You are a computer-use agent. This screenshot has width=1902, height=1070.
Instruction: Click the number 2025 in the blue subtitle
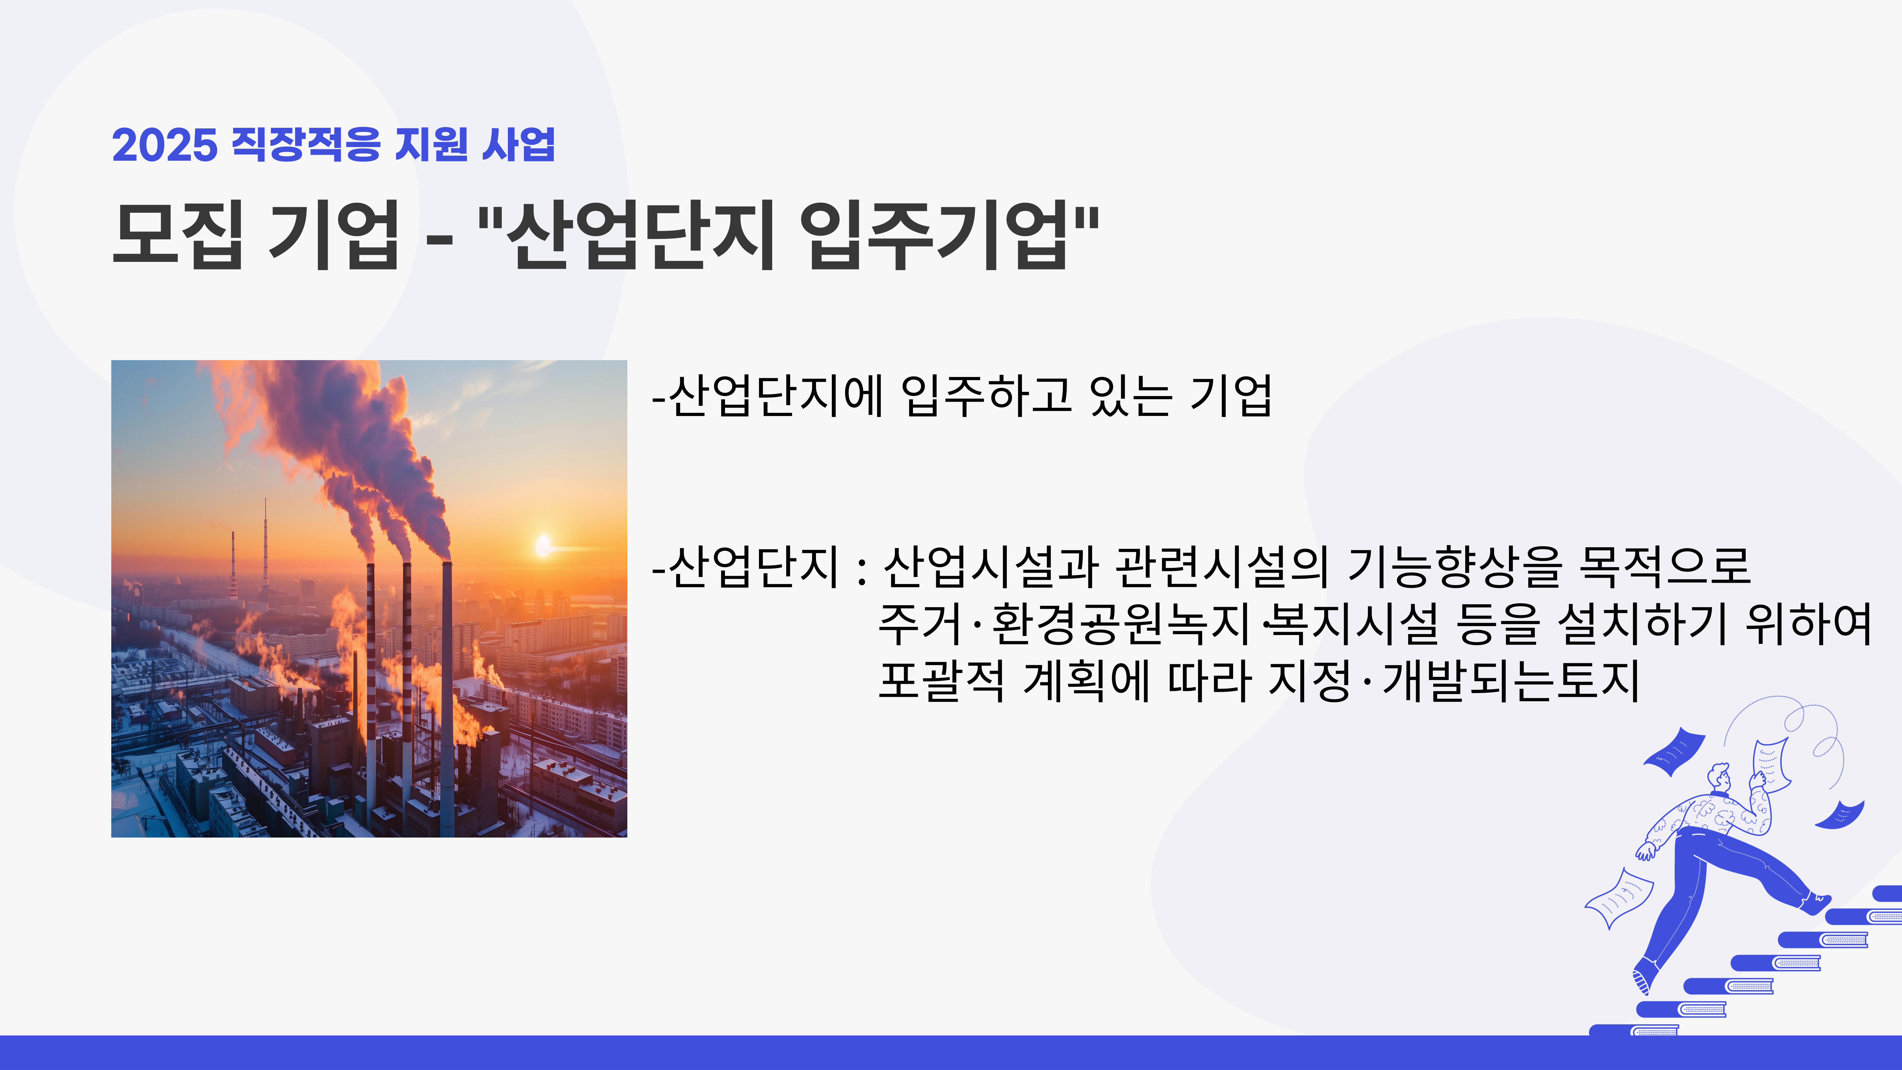click(x=165, y=145)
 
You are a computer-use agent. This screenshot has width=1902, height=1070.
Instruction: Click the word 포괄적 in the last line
click(x=941, y=681)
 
